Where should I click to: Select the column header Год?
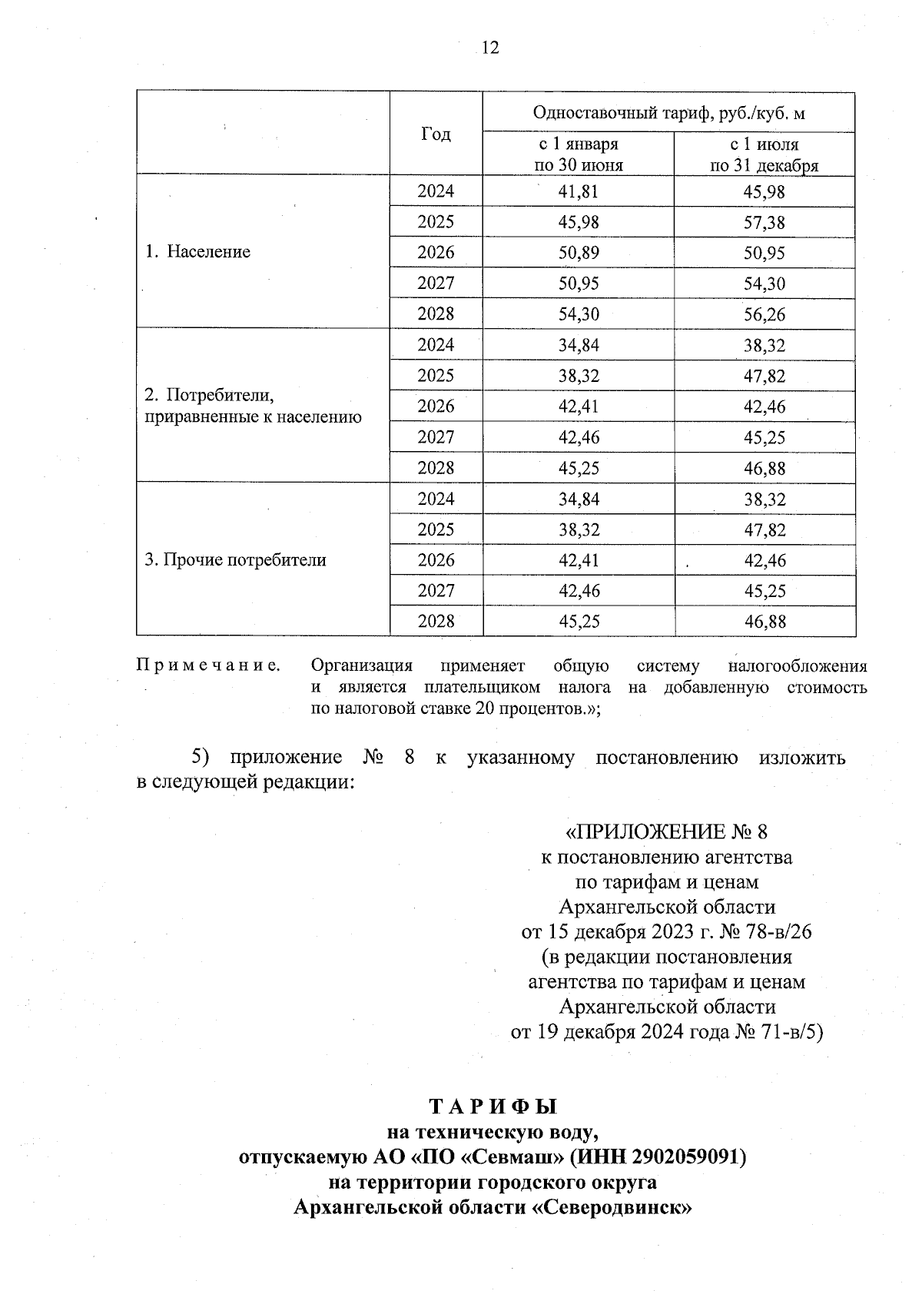[436, 134]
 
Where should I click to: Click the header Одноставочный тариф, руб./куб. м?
[668, 113]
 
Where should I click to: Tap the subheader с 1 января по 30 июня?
[578, 154]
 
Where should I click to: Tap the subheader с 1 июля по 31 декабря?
[764, 154]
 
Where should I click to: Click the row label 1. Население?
[198, 252]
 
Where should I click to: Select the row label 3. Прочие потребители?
[236, 560]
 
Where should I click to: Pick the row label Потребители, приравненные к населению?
[253, 406]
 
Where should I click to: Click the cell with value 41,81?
[578, 191]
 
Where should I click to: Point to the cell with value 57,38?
[764, 222]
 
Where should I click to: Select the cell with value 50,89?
[578, 253]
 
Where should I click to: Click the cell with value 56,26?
[764, 314]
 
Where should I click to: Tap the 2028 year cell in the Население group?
[436, 314]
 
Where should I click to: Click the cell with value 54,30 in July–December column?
[764, 284]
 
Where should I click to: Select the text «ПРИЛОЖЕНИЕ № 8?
[666, 832]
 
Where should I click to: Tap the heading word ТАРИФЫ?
[493, 1107]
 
